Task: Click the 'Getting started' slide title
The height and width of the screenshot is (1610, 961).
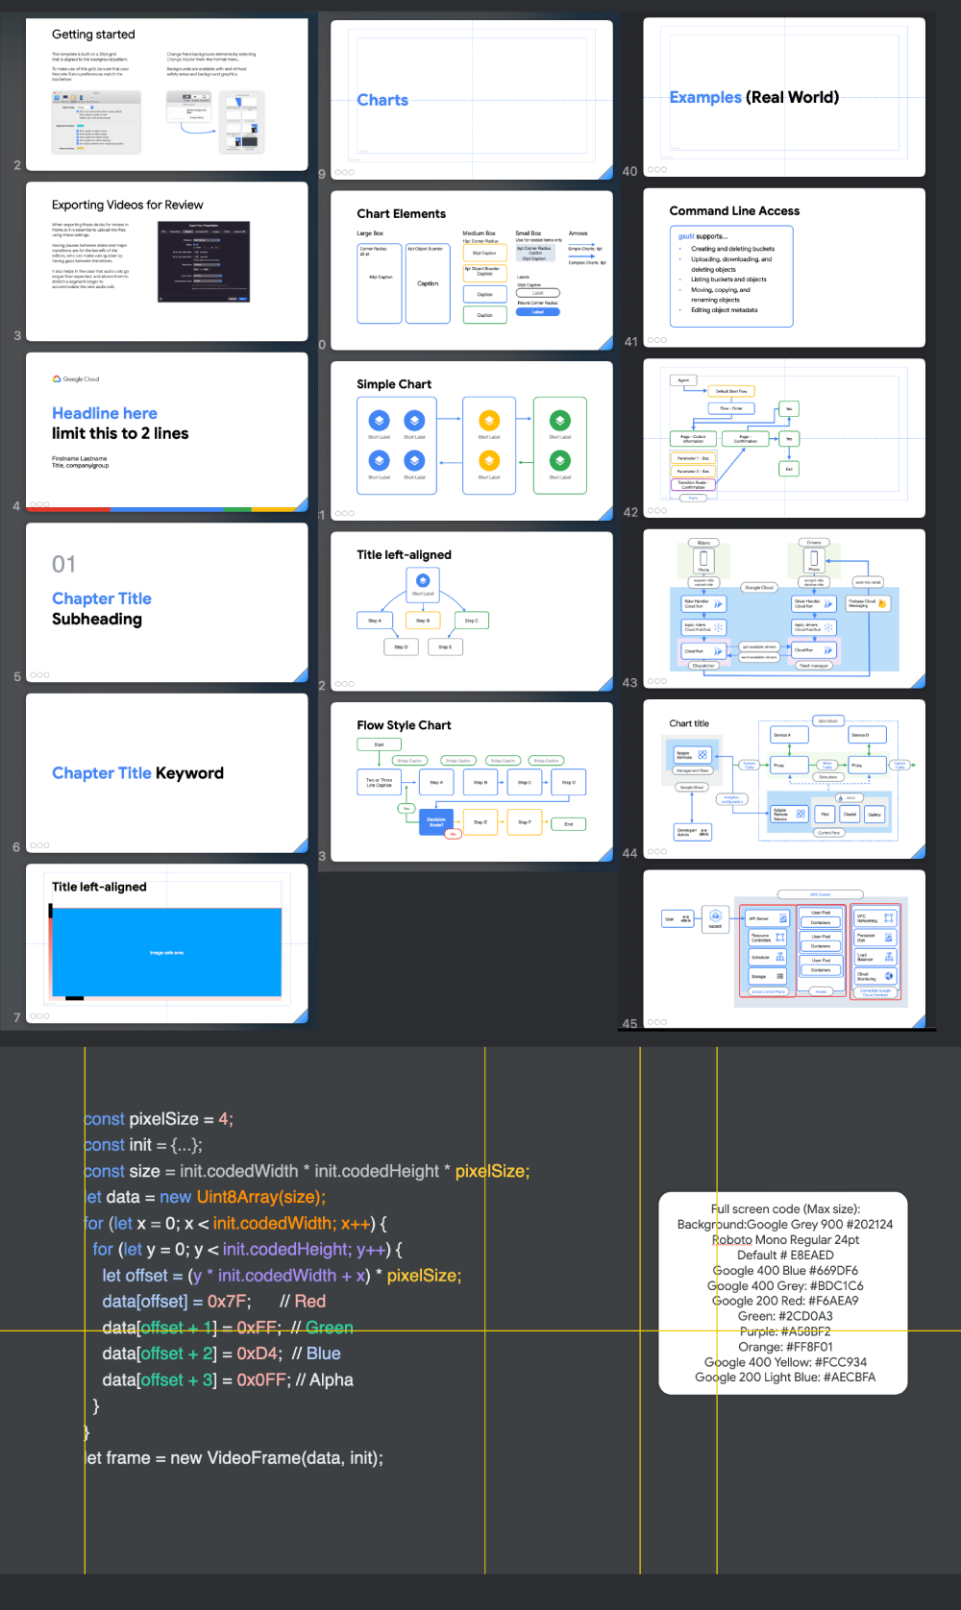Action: pyautogui.click(x=93, y=35)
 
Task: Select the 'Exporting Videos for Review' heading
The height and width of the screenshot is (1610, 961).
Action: pyautogui.click(x=127, y=205)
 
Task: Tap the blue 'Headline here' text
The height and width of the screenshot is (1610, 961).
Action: pyautogui.click(x=105, y=413)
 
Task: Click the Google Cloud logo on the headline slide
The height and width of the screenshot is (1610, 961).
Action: pyautogui.click(x=76, y=379)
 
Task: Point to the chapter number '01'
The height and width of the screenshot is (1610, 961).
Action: pyautogui.click(x=63, y=564)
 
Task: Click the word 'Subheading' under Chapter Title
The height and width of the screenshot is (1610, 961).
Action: pyautogui.click(x=97, y=620)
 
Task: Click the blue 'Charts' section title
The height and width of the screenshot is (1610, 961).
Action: pyautogui.click(x=382, y=100)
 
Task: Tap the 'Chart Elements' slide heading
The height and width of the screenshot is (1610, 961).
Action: pyautogui.click(x=401, y=214)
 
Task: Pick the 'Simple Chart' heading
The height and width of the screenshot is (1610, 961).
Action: pyautogui.click(x=394, y=384)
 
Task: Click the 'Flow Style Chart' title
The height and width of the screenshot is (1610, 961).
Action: pyautogui.click(x=404, y=725)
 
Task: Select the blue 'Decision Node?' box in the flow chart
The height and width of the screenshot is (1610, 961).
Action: pyautogui.click(x=435, y=821)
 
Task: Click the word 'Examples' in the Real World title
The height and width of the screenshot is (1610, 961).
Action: pyautogui.click(x=705, y=97)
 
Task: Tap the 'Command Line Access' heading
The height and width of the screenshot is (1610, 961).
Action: pyautogui.click(x=734, y=211)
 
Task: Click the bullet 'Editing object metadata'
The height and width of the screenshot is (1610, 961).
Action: pyautogui.click(x=724, y=310)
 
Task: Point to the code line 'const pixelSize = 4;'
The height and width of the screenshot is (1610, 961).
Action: pyautogui.click(x=159, y=1119)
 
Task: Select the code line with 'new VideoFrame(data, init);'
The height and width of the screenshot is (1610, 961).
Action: pyautogui.click(x=235, y=1458)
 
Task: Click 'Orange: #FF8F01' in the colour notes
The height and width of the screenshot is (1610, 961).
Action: pyautogui.click(x=785, y=1347)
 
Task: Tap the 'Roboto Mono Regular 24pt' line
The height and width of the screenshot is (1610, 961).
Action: pyautogui.click(x=785, y=1239)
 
